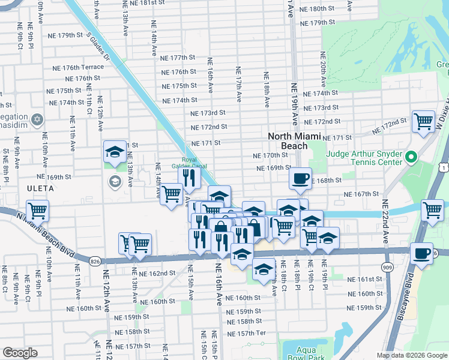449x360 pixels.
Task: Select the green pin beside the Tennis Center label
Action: click(411, 158)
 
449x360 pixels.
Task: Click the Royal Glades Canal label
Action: click(189, 163)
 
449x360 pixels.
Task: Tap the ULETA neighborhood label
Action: click(39, 188)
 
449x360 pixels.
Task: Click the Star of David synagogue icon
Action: click(38, 119)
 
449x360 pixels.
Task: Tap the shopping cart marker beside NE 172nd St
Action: click(423, 121)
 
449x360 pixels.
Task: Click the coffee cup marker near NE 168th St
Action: click(300, 178)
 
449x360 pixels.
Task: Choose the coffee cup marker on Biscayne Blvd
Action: click(423, 253)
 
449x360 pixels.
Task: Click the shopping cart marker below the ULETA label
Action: click(37, 211)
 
